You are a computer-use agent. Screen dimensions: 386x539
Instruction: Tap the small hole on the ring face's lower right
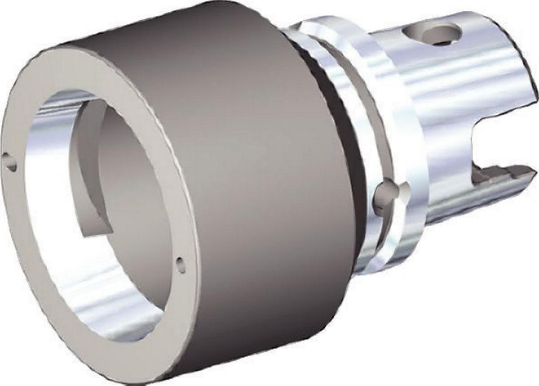tap(181, 264)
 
